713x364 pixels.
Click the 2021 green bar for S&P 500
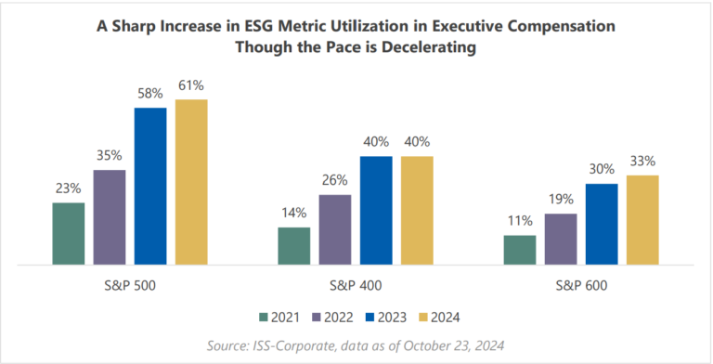(x=69, y=233)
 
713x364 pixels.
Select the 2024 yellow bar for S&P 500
(x=191, y=182)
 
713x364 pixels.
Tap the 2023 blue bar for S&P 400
(x=376, y=211)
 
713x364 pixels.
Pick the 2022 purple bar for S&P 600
(x=560, y=240)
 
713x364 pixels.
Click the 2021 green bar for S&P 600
(x=519, y=250)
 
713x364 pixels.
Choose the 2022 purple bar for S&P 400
(x=335, y=229)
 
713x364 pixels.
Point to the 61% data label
(x=191, y=85)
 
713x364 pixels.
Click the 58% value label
(x=150, y=94)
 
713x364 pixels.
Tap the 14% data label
(x=294, y=214)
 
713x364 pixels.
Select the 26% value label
(x=335, y=181)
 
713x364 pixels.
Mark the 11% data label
(x=519, y=222)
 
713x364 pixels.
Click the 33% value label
(x=642, y=162)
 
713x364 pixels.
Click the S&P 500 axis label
(x=130, y=285)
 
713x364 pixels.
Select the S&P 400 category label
(x=356, y=285)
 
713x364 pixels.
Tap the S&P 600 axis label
(x=580, y=285)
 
